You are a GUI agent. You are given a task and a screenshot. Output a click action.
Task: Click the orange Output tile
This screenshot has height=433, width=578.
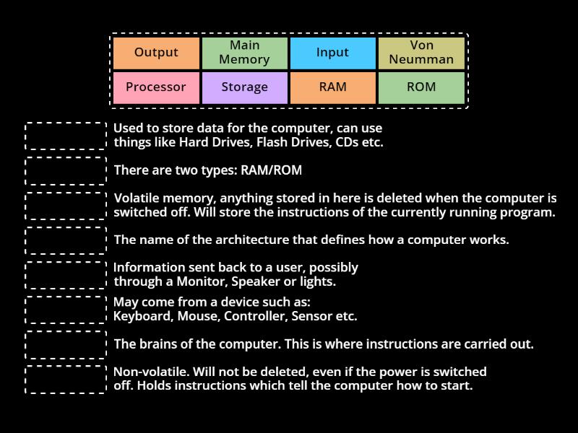coord(156,53)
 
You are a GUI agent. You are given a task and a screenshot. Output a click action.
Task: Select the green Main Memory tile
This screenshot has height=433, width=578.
coord(244,53)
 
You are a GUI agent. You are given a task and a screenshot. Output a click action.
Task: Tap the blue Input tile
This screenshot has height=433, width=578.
coord(332,53)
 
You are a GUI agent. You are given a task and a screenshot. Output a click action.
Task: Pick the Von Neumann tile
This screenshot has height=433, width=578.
coord(421,53)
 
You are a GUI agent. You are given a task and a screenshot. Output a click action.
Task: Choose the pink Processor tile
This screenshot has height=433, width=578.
coord(156,87)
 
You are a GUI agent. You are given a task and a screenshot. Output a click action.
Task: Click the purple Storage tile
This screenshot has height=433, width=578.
coord(244,87)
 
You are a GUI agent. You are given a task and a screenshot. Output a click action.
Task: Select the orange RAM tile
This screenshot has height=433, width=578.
coord(332,87)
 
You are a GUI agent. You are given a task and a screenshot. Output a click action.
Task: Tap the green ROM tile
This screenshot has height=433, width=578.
coord(421,87)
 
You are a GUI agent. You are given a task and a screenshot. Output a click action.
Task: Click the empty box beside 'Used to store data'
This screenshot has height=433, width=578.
coord(66,136)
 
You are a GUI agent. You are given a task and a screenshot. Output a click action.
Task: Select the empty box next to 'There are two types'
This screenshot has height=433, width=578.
coord(66,171)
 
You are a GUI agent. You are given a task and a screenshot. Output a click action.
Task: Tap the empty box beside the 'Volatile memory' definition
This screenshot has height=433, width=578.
coord(66,206)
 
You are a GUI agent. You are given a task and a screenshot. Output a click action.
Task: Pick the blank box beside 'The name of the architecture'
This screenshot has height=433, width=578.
coord(66,240)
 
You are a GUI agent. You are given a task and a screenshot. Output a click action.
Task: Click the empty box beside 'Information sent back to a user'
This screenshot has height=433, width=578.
coord(66,275)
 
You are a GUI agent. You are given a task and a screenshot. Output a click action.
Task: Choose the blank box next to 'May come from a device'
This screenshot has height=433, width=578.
coord(66,310)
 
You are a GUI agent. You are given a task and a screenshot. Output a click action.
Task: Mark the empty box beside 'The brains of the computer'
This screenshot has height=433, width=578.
coord(66,344)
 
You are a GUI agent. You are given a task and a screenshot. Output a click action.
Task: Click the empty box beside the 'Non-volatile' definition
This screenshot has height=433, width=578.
coord(66,380)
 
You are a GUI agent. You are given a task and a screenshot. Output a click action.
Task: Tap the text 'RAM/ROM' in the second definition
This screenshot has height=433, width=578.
coord(271,171)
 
